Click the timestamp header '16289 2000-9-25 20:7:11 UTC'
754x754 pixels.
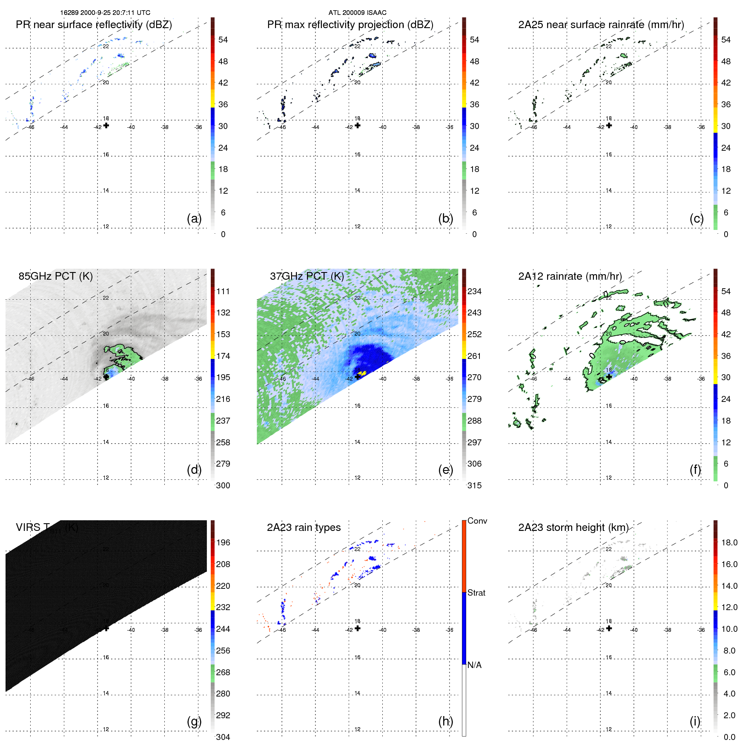coord(105,13)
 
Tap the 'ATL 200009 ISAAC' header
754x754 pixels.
coord(357,13)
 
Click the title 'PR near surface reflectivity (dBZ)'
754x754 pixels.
coord(94,25)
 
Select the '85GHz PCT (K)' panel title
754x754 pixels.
coord(55,276)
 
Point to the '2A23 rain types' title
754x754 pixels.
coord(304,528)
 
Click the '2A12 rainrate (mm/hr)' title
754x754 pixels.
coord(570,276)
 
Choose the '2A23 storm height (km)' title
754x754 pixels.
coord(573,528)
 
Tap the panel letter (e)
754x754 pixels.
coord(445,470)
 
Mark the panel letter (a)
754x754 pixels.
coord(194,218)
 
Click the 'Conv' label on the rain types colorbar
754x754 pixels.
coord(477,521)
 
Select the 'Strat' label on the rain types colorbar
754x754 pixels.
coord(476,593)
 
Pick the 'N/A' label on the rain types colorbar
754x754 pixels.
coord(474,665)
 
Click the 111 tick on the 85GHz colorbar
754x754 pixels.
coord(223,291)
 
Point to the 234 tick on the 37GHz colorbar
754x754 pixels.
coord(474,291)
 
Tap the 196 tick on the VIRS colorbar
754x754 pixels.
coord(223,542)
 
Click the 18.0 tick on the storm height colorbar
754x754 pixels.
coord(729,542)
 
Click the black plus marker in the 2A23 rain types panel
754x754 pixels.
coord(358,628)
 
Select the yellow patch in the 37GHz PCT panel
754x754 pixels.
coord(362,373)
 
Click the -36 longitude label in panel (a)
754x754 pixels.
coord(198,127)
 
